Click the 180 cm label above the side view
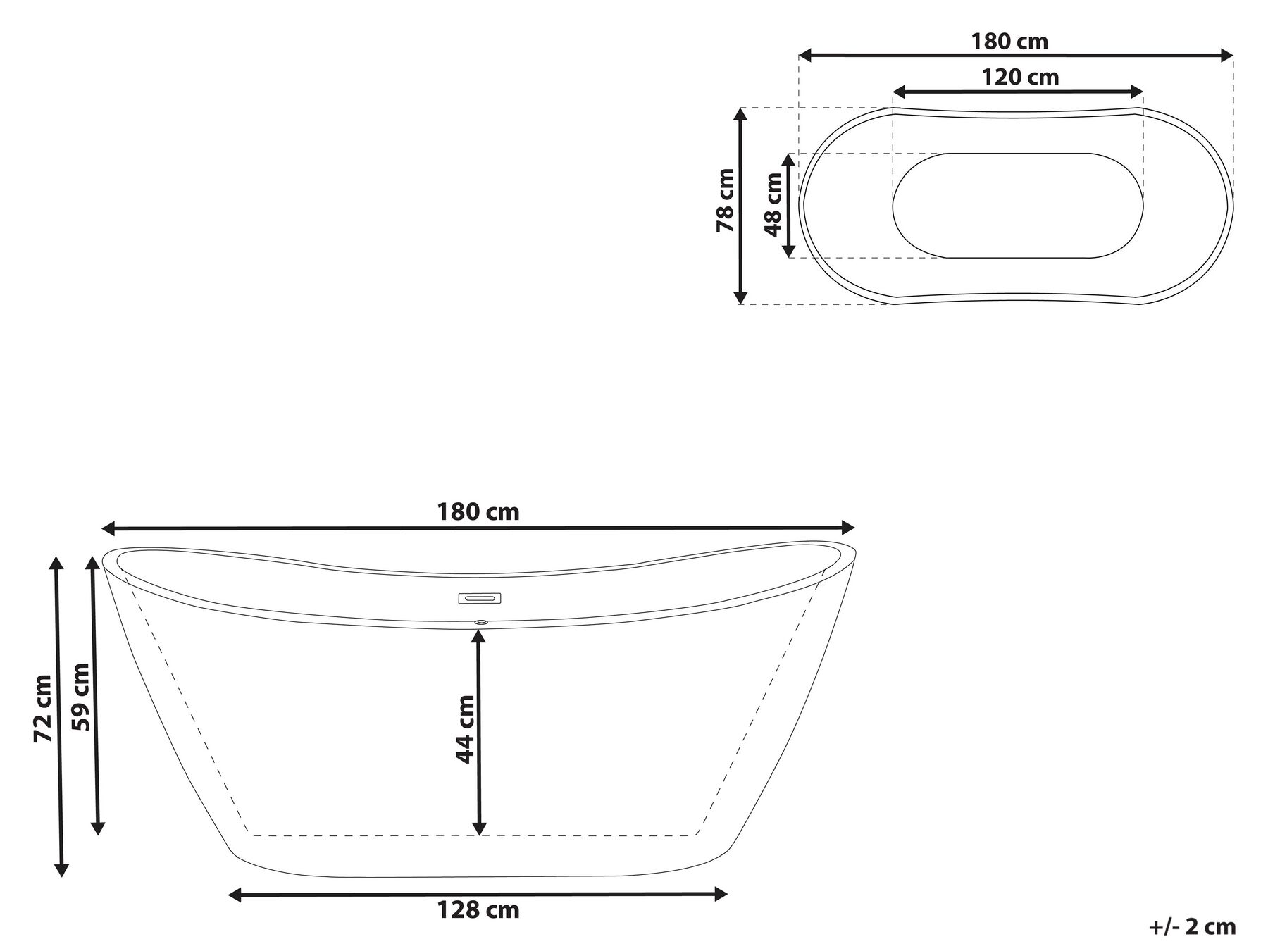[x=478, y=512]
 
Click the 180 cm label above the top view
[x=1009, y=42]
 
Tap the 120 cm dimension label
[x=1020, y=77]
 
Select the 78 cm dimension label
[x=726, y=201]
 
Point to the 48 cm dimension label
[x=773, y=205]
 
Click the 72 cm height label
[x=44, y=708]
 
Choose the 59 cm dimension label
[x=81, y=697]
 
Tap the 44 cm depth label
[x=465, y=729]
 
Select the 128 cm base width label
[x=478, y=910]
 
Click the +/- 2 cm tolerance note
[x=1193, y=926]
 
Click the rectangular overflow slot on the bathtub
[x=480, y=599]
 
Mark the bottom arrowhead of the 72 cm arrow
[x=62, y=870]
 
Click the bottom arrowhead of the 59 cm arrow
[x=98, y=828]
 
